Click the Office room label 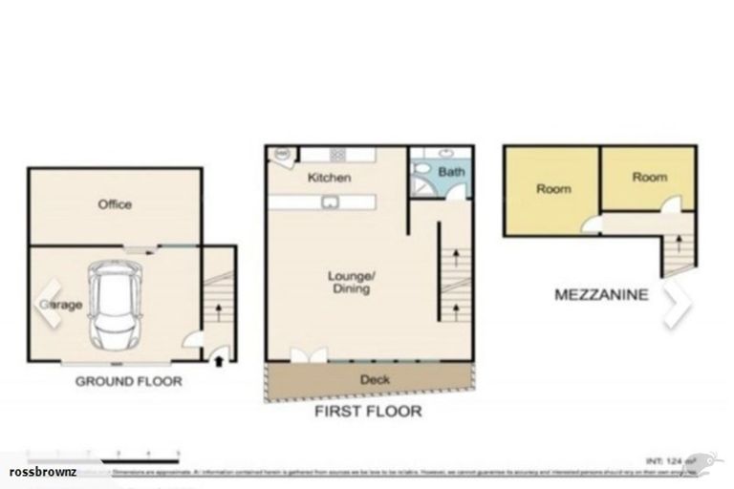pos(115,204)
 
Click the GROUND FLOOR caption pos(129,381)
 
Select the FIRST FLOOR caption pos(368,412)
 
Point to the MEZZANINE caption pos(601,295)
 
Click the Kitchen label pos(329,178)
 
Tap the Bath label pos(450,173)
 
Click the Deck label pos(375,379)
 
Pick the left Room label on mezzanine pos(553,189)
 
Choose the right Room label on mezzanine pos(649,178)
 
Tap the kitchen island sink pos(329,202)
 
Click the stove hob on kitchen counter pos(338,155)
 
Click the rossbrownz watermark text pos(42,473)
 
